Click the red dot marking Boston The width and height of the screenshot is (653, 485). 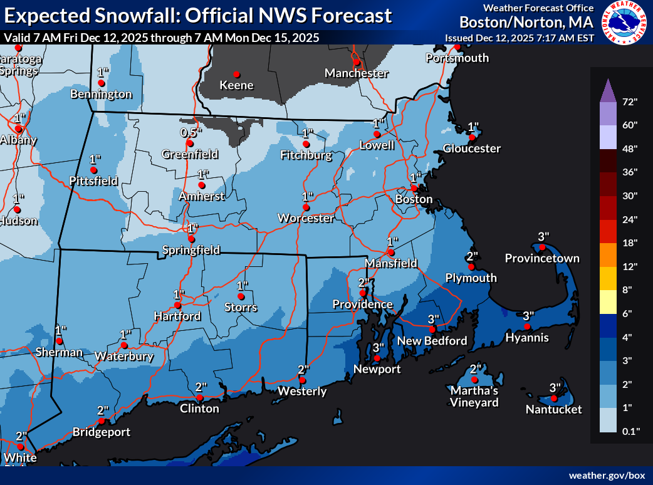click(414, 188)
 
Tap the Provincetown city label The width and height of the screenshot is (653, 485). click(542, 258)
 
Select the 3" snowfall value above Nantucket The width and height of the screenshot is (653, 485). click(555, 387)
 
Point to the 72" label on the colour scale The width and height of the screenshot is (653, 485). click(629, 101)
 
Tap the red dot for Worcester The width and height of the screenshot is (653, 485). click(306, 207)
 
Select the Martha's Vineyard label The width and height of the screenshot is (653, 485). click(474, 397)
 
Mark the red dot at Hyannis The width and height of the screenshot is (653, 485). click(528, 326)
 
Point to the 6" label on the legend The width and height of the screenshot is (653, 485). click(628, 313)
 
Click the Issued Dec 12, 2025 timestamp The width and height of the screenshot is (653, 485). click(520, 38)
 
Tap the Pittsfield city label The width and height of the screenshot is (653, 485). click(93, 181)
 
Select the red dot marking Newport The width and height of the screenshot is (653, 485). click(377, 358)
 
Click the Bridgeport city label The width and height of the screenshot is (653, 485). click(102, 432)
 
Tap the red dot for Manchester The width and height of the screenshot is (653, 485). click(356, 61)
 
